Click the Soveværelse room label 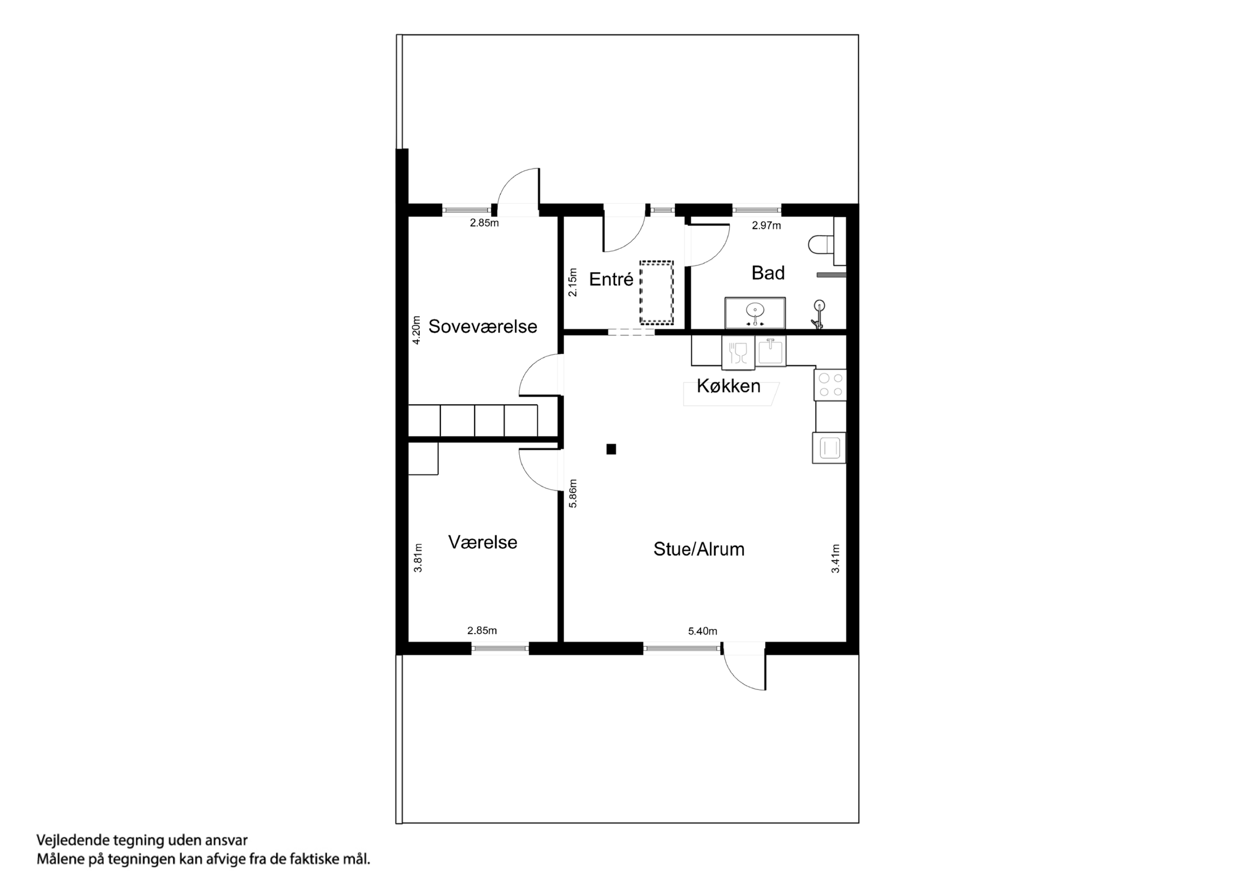pyautogui.click(x=483, y=326)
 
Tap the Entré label pyautogui.click(x=611, y=279)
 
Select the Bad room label pyautogui.click(x=768, y=273)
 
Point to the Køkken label pyautogui.click(x=728, y=386)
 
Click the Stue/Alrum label pyautogui.click(x=699, y=549)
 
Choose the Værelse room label pyautogui.click(x=483, y=542)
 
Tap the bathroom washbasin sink pyautogui.click(x=755, y=312)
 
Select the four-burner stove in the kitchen pyautogui.click(x=830, y=385)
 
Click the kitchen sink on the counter pyautogui.click(x=771, y=351)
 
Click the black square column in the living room pyautogui.click(x=611, y=449)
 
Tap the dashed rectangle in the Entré pyautogui.click(x=656, y=292)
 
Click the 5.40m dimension pyautogui.click(x=702, y=631)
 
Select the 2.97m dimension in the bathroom pyautogui.click(x=766, y=225)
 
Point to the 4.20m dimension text pyautogui.click(x=416, y=330)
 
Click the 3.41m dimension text pyautogui.click(x=835, y=558)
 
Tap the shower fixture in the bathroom pyautogui.click(x=819, y=314)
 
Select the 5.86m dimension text pyautogui.click(x=573, y=493)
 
